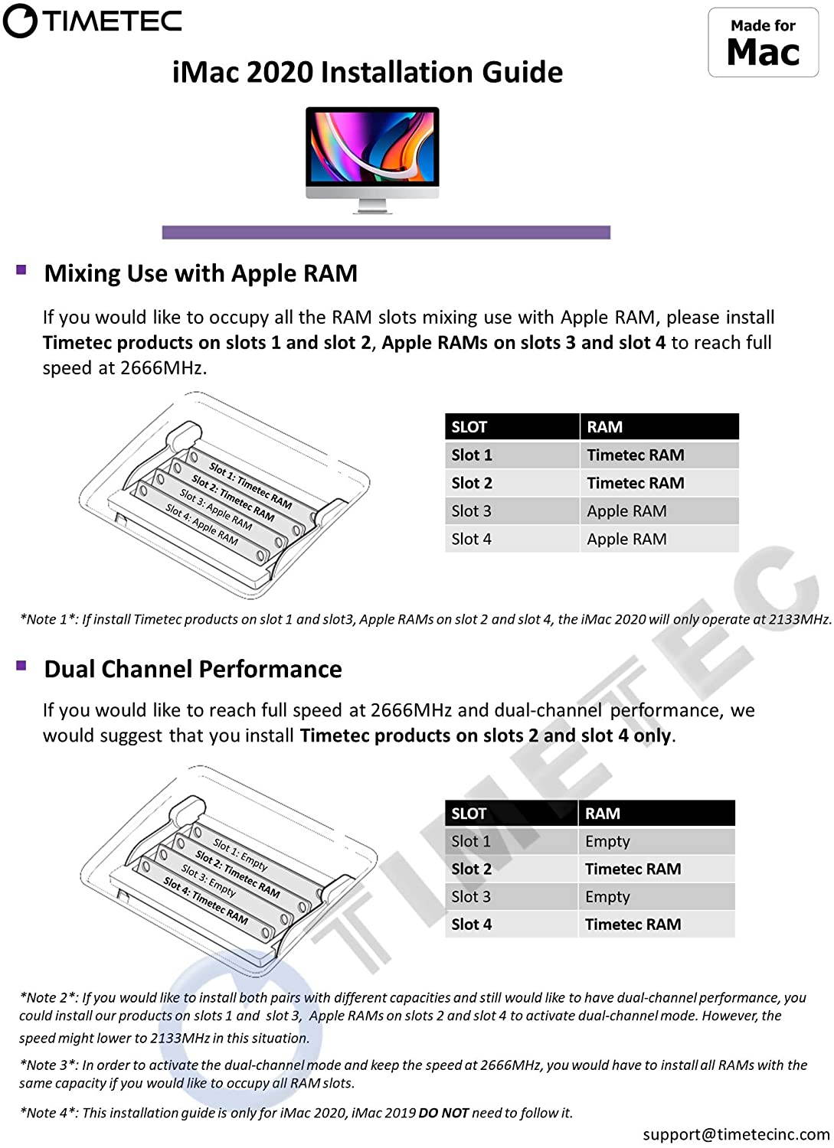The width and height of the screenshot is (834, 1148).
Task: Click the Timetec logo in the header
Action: [93, 21]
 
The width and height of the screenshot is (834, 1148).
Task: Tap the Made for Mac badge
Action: [763, 43]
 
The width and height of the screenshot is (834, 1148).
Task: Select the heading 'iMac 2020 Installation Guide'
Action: [368, 72]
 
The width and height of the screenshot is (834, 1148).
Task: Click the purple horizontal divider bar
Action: [386, 232]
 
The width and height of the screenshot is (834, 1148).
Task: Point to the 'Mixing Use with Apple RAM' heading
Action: [201, 273]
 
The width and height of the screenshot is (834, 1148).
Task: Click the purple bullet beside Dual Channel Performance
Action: [21, 665]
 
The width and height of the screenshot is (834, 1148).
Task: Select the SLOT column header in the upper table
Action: [469, 427]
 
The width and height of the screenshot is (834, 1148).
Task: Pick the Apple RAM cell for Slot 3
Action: [626, 511]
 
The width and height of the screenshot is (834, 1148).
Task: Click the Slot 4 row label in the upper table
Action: [471, 539]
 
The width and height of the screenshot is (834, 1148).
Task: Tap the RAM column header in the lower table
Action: [603, 814]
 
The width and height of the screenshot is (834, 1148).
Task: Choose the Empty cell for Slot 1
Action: [607, 841]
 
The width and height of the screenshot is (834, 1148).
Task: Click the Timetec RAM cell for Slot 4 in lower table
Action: [633, 925]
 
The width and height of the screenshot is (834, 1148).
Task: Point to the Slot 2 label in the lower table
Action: [471, 869]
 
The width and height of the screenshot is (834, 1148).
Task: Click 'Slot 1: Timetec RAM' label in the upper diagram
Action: [250, 485]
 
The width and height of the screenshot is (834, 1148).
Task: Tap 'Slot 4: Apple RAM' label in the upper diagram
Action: [201, 524]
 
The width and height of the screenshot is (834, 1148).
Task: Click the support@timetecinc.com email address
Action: [736, 1134]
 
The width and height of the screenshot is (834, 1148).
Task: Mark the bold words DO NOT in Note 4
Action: [443, 1113]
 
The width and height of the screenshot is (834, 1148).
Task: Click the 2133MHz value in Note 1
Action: [800, 619]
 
